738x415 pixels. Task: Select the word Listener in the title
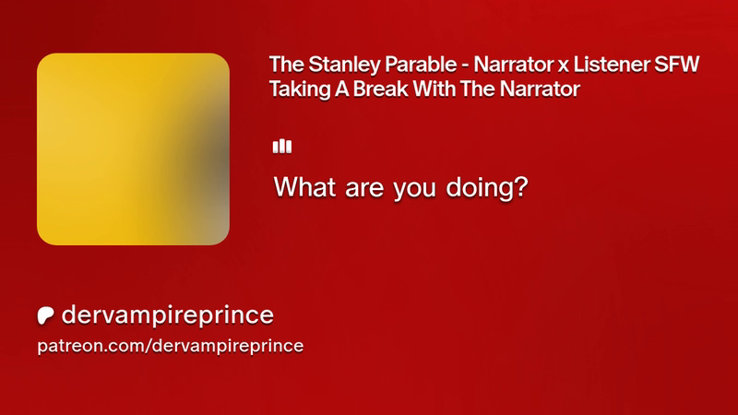(x=612, y=65)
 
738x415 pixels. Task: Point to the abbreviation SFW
(x=677, y=65)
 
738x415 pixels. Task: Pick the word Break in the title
(x=381, y=89)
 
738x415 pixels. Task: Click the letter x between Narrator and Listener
(x=564, y=66)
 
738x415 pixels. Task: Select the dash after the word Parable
(x=465, y=66)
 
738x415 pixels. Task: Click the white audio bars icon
(x=282, y=147)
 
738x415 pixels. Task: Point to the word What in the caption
(x=305, y=187)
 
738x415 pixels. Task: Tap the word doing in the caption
(x=478, y=188)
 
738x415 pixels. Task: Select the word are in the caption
(x=364, y=190)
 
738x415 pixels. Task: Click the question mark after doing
(x=519, y=187)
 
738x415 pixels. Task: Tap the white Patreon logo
(x=45, y=315)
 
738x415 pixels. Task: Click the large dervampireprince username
(x=168, y=315)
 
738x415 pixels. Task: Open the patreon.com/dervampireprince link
(x=171, y=346)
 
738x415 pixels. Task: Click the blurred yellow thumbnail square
(x=133, y=148)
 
